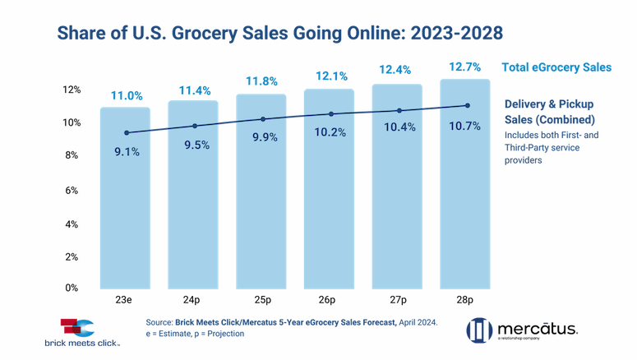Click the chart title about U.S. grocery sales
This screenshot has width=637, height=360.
point(279,33)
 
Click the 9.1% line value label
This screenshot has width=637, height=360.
point(126,150)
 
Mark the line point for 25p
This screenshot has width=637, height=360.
point(262,119)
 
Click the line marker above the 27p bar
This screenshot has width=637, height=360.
point(399,110)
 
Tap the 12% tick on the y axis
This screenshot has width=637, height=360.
point(72,89)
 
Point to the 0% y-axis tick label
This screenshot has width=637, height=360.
point(73,288)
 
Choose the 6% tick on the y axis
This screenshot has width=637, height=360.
point(73,190)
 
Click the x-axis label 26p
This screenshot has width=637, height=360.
point(330,301)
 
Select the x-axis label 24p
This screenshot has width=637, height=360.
point(194,301)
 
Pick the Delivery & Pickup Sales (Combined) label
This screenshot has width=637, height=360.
point(548,112)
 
